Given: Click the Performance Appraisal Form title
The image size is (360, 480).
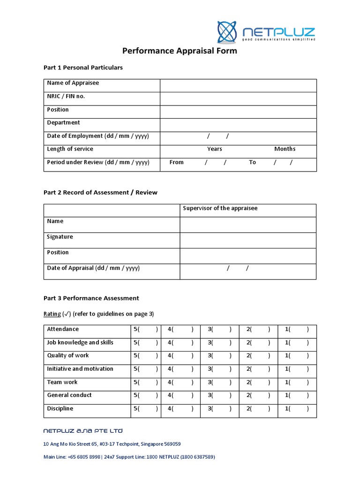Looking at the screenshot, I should [180, 51].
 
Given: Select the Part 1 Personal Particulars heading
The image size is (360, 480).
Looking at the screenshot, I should [83, 67].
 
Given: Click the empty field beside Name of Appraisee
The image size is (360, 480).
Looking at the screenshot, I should [238, 85].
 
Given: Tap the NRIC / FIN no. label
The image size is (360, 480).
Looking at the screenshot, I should [66, 96].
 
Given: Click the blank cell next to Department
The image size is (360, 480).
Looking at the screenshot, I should [238, 125].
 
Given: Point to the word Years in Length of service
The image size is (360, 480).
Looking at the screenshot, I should [215, 149].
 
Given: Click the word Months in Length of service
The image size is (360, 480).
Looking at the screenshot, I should [285, 149].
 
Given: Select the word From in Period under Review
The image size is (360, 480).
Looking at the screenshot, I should [176, 162].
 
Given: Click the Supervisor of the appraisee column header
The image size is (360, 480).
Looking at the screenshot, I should [220, 208].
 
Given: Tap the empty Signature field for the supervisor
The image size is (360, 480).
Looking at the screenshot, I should [248, 240].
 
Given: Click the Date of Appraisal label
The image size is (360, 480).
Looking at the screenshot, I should [93, 268].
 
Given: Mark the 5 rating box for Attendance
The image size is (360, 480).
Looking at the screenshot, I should [146, 330].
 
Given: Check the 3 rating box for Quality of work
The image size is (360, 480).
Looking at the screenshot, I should [219, 356].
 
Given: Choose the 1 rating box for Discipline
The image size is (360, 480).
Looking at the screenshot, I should [297, 409].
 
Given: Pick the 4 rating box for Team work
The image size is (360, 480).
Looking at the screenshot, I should [180, 382].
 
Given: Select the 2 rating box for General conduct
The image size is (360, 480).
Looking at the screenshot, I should [258, 396].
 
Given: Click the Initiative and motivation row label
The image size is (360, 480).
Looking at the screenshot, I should [80, 369].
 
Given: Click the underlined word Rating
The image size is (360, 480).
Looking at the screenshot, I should [52, 314].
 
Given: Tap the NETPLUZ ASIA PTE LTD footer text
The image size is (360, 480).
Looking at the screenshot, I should [83, 431].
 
